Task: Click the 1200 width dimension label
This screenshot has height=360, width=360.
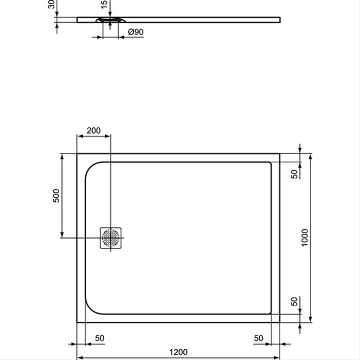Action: pyautogui.click(x=178, y=352)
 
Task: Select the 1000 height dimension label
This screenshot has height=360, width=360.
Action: pyautogui.click(x=305, y=237)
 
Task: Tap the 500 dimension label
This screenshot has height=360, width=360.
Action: pyautogui.click(x=56, y=196)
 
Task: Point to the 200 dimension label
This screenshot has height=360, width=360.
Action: pyautogui.click(x=94, y=131)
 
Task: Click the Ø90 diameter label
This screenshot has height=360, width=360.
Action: pyautogui.click(x=136, y=32)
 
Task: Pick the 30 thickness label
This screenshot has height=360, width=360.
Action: pyautogui.click(x=51, y=4)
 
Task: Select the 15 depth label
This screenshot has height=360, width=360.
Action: pyautogui.click(x=104, y=4)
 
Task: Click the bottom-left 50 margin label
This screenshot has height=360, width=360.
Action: pyautogui.click(x=100, y=338)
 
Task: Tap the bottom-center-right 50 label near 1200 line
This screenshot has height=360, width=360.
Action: pyautogui.click(x=259, y=338)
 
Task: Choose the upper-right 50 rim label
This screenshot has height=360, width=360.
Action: pyautogui.click(x=295, y=174)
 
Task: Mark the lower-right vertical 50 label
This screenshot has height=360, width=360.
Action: pyautogui.click(x=295, y=301)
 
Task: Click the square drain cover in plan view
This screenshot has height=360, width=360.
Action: pyautogui.click(x=111, y=238)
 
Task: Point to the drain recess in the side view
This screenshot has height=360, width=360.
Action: pyautogui.click(x=110, y=20)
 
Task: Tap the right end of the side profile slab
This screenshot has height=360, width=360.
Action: pyautogui.click(x=280, y=20)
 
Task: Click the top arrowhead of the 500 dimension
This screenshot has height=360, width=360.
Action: pyautogui.click(x=62, y=157)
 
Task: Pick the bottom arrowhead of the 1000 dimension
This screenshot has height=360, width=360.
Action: pyautogui.click(x=311, y=319)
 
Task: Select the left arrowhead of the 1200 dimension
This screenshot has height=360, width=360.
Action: pyautogui.click(x=80, y=358)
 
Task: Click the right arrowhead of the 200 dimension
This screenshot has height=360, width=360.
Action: pyautogui.click(x=108, y=136)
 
